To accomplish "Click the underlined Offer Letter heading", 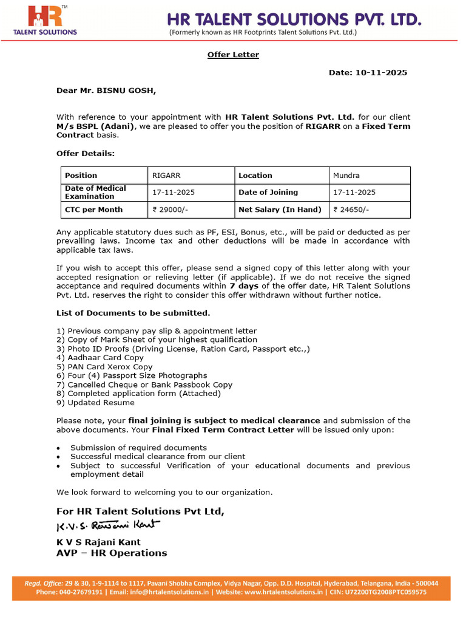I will coord(233,55).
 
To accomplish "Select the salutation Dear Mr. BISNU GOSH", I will coord(106,91).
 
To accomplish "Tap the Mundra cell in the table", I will coord(346,176).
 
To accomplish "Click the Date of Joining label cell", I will coord(268,193).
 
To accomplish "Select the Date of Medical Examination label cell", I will coord(95,193).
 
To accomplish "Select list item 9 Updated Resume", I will coord(95,403).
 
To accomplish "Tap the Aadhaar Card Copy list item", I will coord(100,358).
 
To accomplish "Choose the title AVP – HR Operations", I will coord(112,553).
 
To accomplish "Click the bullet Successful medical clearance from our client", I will coord(158,456).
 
